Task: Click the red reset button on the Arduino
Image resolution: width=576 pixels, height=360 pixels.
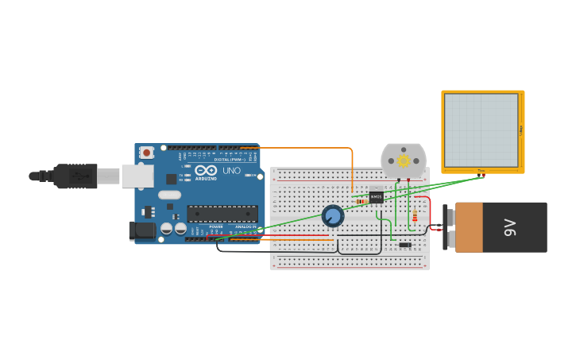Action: [147, 153]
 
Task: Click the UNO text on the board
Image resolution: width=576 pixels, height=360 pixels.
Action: [231, 171]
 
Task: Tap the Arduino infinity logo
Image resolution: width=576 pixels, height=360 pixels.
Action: [206, 170]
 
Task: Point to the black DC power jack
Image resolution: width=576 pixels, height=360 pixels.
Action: [143, 230]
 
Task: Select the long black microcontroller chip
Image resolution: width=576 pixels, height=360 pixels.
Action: [222, 213]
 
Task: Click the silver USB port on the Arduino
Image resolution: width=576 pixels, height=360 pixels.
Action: [137, 176]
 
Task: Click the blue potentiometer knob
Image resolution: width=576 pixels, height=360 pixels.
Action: [333, 215]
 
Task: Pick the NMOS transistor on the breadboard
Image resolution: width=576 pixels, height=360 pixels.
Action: [376, 195]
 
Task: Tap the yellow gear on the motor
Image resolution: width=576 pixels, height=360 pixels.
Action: [404, 161]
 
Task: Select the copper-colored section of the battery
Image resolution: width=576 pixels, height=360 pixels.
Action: [469, 227]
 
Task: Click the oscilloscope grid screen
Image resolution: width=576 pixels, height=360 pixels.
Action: [481, 130]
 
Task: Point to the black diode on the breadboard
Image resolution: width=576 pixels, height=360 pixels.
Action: [405, 244]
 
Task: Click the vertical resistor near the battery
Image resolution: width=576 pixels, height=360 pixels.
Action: [415, 215]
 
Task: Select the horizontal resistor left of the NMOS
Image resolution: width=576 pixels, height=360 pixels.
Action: [361, 201]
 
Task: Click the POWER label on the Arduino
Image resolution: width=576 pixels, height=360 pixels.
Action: [216, 226]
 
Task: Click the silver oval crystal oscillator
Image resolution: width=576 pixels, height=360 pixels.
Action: [169, 195]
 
